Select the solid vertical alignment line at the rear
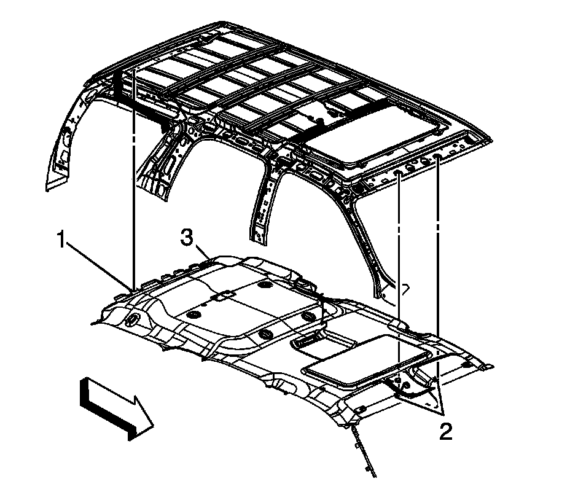pyautogui.click(x=133, y=184)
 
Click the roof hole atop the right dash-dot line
pyautogui.click(x=437, y=158)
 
